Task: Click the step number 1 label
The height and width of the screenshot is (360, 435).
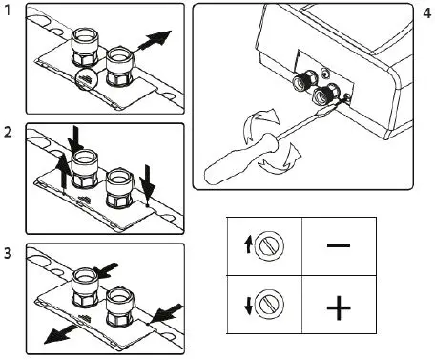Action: [x=8, y=12]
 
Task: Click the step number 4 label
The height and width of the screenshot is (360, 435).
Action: [x=425, y=14]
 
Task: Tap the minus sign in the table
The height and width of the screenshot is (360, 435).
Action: [x=339, y=245]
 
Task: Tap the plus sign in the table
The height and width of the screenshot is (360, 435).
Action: [x=339, y=307]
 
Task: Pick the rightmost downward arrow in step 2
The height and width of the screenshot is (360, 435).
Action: [x=149, y=178]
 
